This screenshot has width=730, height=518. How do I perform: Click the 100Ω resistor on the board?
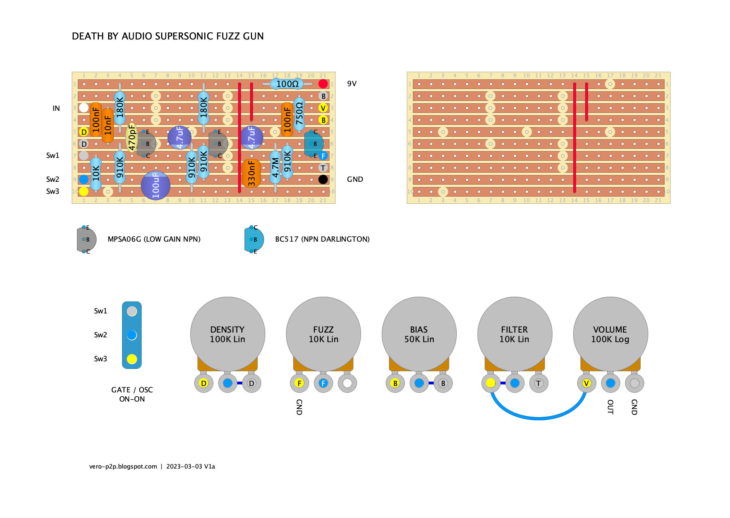coord(287,84)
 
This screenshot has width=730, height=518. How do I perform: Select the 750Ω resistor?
coord(299,114)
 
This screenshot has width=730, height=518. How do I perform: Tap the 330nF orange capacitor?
coord(251,173)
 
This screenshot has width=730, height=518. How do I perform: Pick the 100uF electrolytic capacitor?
coord(156,185)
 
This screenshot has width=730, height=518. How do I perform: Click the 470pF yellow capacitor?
coord(131,138)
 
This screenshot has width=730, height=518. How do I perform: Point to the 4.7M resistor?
coord(275,167)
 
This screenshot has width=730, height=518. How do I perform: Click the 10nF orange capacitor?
coord(108,125)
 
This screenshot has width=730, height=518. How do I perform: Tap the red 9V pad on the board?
coord(323,84)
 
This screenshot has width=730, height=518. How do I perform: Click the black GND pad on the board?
coord(323,179)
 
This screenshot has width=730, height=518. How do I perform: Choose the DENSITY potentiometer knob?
coord(227,334)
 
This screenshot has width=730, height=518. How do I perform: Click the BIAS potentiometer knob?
coord(419,334)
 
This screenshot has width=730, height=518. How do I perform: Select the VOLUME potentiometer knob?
coord(610,334)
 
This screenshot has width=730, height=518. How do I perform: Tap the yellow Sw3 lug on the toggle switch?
coord(132,359)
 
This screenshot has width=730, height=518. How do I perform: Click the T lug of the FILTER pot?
coord(539,383)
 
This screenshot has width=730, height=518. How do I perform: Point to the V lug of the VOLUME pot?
coord(586,383)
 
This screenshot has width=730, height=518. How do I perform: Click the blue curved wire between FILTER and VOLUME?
coord(539,418)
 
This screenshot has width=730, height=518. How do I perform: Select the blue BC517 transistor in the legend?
coord(254,239)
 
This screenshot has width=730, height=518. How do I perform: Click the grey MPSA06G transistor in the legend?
coord(86,239)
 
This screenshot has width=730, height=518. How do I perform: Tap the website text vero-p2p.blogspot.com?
coord(123,467)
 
